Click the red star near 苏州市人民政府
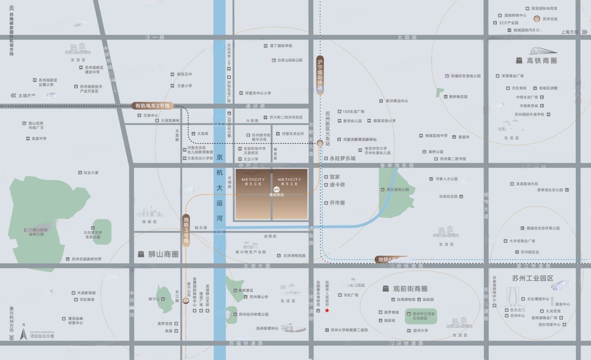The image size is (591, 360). tap(327, 311)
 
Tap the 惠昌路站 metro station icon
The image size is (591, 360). tap(277, 189)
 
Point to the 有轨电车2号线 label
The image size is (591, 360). tap(152, 106)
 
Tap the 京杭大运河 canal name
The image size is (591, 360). tap(220, 188)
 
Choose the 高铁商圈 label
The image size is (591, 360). tap(542, 61)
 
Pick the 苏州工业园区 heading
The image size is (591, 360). tap(532, 278)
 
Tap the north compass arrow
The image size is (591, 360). tap(24, 334)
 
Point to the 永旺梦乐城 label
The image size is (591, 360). tap(342, 159)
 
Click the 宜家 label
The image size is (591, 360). tap(335, 177)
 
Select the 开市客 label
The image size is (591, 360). tap(337, 203)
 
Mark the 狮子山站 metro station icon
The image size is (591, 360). tap(186, 300)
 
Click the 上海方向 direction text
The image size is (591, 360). tap(569, 32)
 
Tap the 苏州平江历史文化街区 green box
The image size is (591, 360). tap(421, 316)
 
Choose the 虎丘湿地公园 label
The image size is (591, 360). tap(398, 189)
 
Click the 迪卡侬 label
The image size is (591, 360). tap(337, 185)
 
